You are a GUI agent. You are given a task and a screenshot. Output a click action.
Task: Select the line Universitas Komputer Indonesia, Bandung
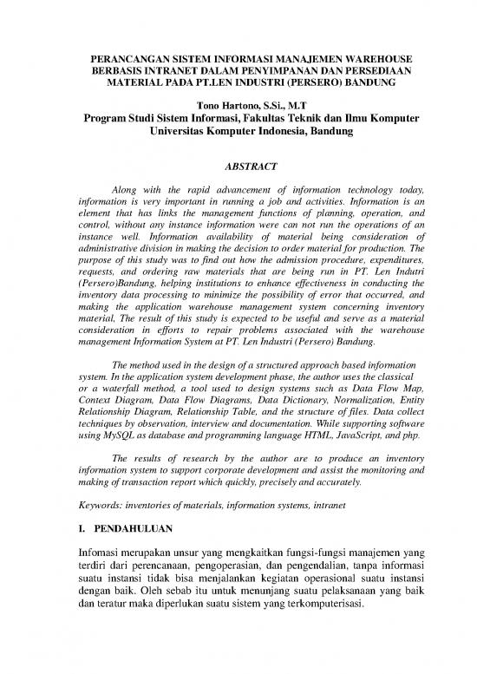[238, 134]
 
